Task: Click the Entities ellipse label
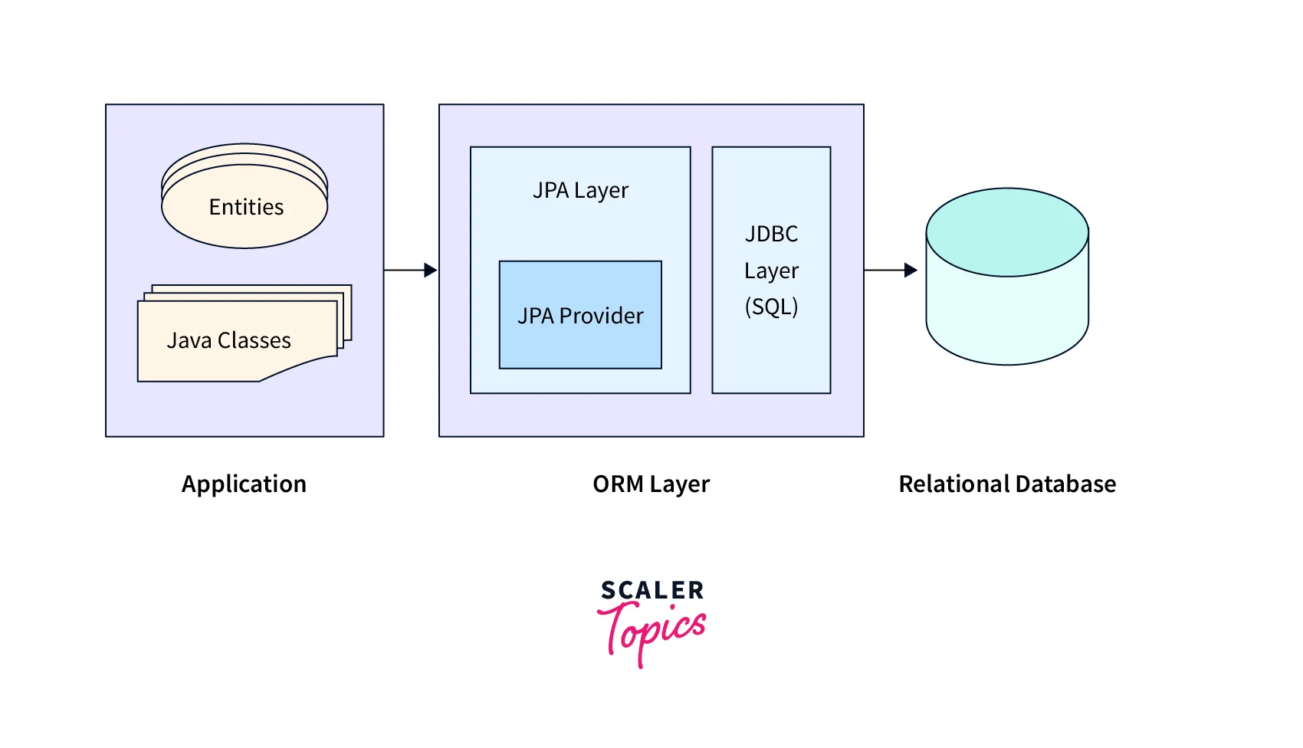pyautogui.click(x=246, y=207)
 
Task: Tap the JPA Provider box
pyautogui.click(x=580, y=315)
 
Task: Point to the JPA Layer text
pyautogui.click(x=580, y=190)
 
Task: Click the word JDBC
pyautogui.click(x=771, y=234)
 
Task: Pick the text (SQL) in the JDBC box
pyautogui.click(x=771, y=307)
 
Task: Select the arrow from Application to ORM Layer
pyautogui.click(x=410, y=270)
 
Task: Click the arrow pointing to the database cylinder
pyautogui.click(x=890, y=270)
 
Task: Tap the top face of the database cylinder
pyautogui.click(x=1007, y=231)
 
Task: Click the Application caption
pyautogui.click(x=244, y=484)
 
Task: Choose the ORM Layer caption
pyautogui.click(x=651, y=484)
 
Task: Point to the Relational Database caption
pyautogui.click(x=1007, y=484)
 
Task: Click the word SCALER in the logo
pyautogui.click(x=652, y=590)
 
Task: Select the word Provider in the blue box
pyautogui.click(x=602, y=316)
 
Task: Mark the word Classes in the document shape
pyautogui.click(x=254, y=340)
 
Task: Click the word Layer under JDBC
pyautogui.click(x=771, y=271)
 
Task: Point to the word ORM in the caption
pyautogui.click(x=619, y=484)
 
